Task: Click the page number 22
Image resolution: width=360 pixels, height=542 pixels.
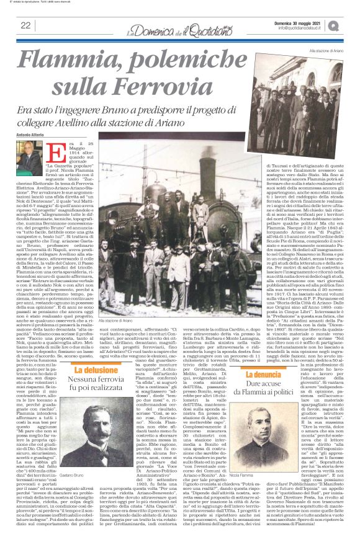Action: [25, 25]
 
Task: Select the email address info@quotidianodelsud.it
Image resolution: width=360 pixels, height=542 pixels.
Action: [303, 28]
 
